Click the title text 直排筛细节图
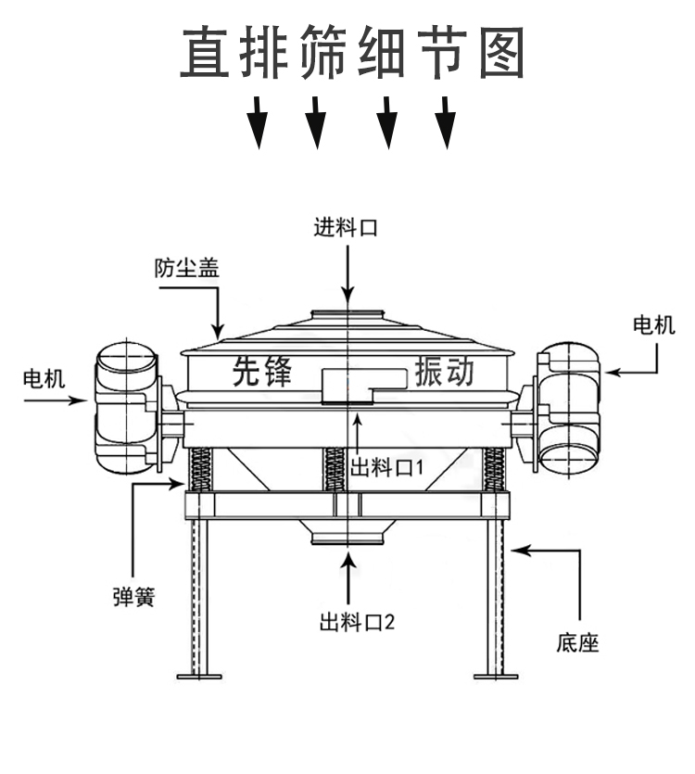coord(353,52)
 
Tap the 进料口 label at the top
coord(346,227)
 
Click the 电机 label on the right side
coord(654,324)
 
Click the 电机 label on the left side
coord(44,377)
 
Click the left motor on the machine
coord(127,406)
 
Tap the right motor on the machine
coord(568,406)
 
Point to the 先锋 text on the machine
coord(262,371)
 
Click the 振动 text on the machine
coord(445,371)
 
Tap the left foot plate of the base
coord(199,675)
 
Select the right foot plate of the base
coord(496,675)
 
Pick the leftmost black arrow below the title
coord(259,122)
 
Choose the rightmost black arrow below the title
coord(447,122)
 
